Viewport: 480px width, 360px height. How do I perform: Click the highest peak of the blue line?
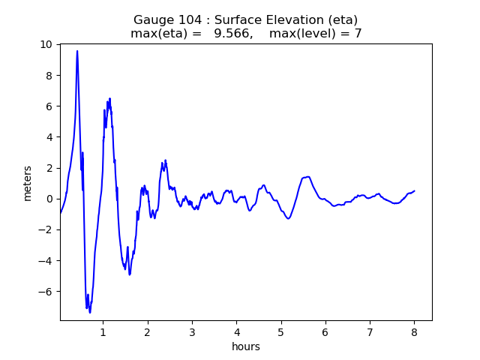click(77, 51)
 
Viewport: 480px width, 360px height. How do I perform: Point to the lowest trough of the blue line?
click(90, 312)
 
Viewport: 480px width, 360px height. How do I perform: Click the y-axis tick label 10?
click(46, 44)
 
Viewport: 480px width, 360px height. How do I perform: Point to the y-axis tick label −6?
click(46, 292)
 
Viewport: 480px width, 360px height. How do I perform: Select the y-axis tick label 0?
click(49, 199)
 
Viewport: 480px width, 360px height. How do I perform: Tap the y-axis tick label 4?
click(49, 137)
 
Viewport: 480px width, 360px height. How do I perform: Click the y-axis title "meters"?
click(28, 183)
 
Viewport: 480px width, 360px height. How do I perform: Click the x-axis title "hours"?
click(246, 346)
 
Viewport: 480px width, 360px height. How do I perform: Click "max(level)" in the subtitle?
click(306, 34)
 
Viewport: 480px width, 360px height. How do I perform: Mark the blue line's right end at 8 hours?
click(414, 190)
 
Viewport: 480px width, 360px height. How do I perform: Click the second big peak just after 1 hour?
click(109, 98)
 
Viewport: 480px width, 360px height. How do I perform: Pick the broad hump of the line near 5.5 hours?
click(307, 177)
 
